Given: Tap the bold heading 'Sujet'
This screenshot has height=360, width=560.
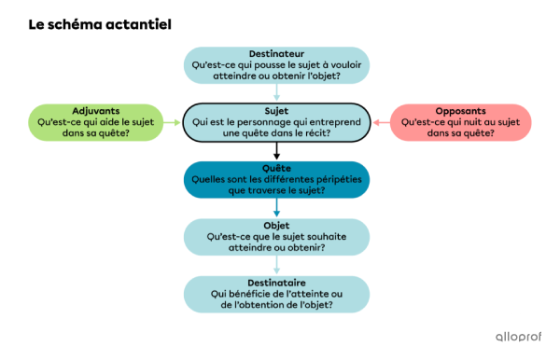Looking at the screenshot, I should (277, 110).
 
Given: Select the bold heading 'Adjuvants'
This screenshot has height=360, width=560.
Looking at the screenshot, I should (95, 110).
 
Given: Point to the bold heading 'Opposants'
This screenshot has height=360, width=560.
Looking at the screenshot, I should (460, 110).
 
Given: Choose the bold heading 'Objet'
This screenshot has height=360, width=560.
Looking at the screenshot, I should (277, 225).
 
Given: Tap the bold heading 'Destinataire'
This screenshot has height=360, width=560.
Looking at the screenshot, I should (277, 283).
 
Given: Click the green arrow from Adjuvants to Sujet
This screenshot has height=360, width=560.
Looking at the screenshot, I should (171, 122).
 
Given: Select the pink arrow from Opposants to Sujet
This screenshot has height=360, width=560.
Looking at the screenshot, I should (381, 122).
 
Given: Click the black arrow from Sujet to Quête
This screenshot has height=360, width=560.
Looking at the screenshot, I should (277, 150).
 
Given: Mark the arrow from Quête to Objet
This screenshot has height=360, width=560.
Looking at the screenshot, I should (277, 207).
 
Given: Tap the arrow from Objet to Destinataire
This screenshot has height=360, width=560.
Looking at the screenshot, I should (277, 265).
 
